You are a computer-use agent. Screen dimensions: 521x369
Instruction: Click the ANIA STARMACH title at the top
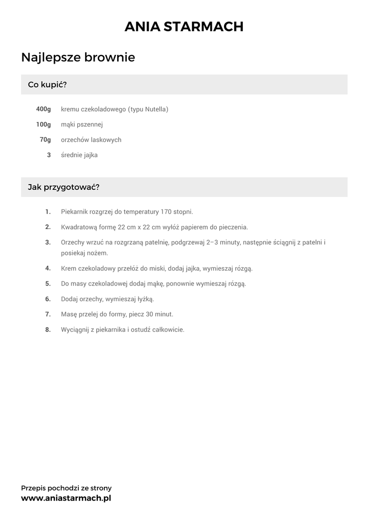coord(184,26)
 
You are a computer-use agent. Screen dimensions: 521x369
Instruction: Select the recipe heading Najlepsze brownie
coord(78,57)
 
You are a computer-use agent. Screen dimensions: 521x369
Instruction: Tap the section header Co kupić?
coord(47,84)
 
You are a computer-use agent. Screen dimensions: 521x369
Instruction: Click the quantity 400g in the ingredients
coord(44,109)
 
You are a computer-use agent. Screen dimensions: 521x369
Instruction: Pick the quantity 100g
coord(44,125)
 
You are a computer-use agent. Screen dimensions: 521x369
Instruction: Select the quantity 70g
coord(45,140)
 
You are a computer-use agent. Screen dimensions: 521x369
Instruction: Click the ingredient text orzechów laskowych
coord(91,140)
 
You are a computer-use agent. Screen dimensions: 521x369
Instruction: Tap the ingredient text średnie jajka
coord(79,155)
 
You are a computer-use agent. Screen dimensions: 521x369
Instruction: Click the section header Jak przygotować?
coord(64,187)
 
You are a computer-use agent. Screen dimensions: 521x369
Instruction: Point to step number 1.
coord(48,212)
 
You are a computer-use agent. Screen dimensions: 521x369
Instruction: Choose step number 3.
coord(48,242)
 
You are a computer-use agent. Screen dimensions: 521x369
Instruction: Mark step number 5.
coord(48,283)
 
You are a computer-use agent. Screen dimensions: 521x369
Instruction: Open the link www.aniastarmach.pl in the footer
coord(66,499)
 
